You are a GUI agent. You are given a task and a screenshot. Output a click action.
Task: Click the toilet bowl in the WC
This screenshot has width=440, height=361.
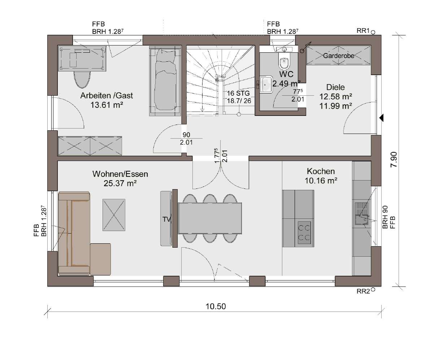(x=284, y=62)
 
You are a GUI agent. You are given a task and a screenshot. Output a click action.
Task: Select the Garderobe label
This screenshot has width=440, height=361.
(x=339, y=56)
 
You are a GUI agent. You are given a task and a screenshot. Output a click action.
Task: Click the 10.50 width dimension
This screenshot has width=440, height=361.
(x=216, y=306)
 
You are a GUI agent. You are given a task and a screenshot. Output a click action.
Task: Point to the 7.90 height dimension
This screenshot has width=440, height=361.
(x=394, y=160)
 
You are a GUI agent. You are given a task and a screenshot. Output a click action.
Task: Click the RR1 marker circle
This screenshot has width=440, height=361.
(x=373, y=32)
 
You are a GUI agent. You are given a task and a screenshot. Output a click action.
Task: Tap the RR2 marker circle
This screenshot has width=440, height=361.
(x=373, y=290)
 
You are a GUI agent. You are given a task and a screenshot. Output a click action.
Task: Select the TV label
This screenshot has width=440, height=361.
(x=166, y=219)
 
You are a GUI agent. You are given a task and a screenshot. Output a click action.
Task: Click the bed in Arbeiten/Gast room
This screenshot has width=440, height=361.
(x=165, y=81)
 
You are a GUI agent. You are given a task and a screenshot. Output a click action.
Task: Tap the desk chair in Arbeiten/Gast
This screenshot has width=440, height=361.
(x=82, y=79)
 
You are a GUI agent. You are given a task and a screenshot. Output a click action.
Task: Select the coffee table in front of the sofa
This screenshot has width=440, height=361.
(x=114, y=215)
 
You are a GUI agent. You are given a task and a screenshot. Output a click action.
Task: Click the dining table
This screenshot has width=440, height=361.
(x=210, y=218)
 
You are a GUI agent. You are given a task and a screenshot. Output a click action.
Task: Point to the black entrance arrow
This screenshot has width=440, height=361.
(x=382, y=118)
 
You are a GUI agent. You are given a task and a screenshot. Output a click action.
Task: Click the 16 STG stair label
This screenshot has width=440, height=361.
(x=238, y=93)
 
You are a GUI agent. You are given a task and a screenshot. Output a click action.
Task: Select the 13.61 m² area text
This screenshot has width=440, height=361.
(x=106, y=105)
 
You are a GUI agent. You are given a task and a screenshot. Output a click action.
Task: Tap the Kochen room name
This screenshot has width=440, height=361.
(x=321, y=171)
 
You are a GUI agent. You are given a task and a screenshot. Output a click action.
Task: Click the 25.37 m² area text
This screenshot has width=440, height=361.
(x=120, y=183)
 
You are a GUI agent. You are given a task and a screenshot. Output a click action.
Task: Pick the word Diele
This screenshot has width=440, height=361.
(x=335, y=87)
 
